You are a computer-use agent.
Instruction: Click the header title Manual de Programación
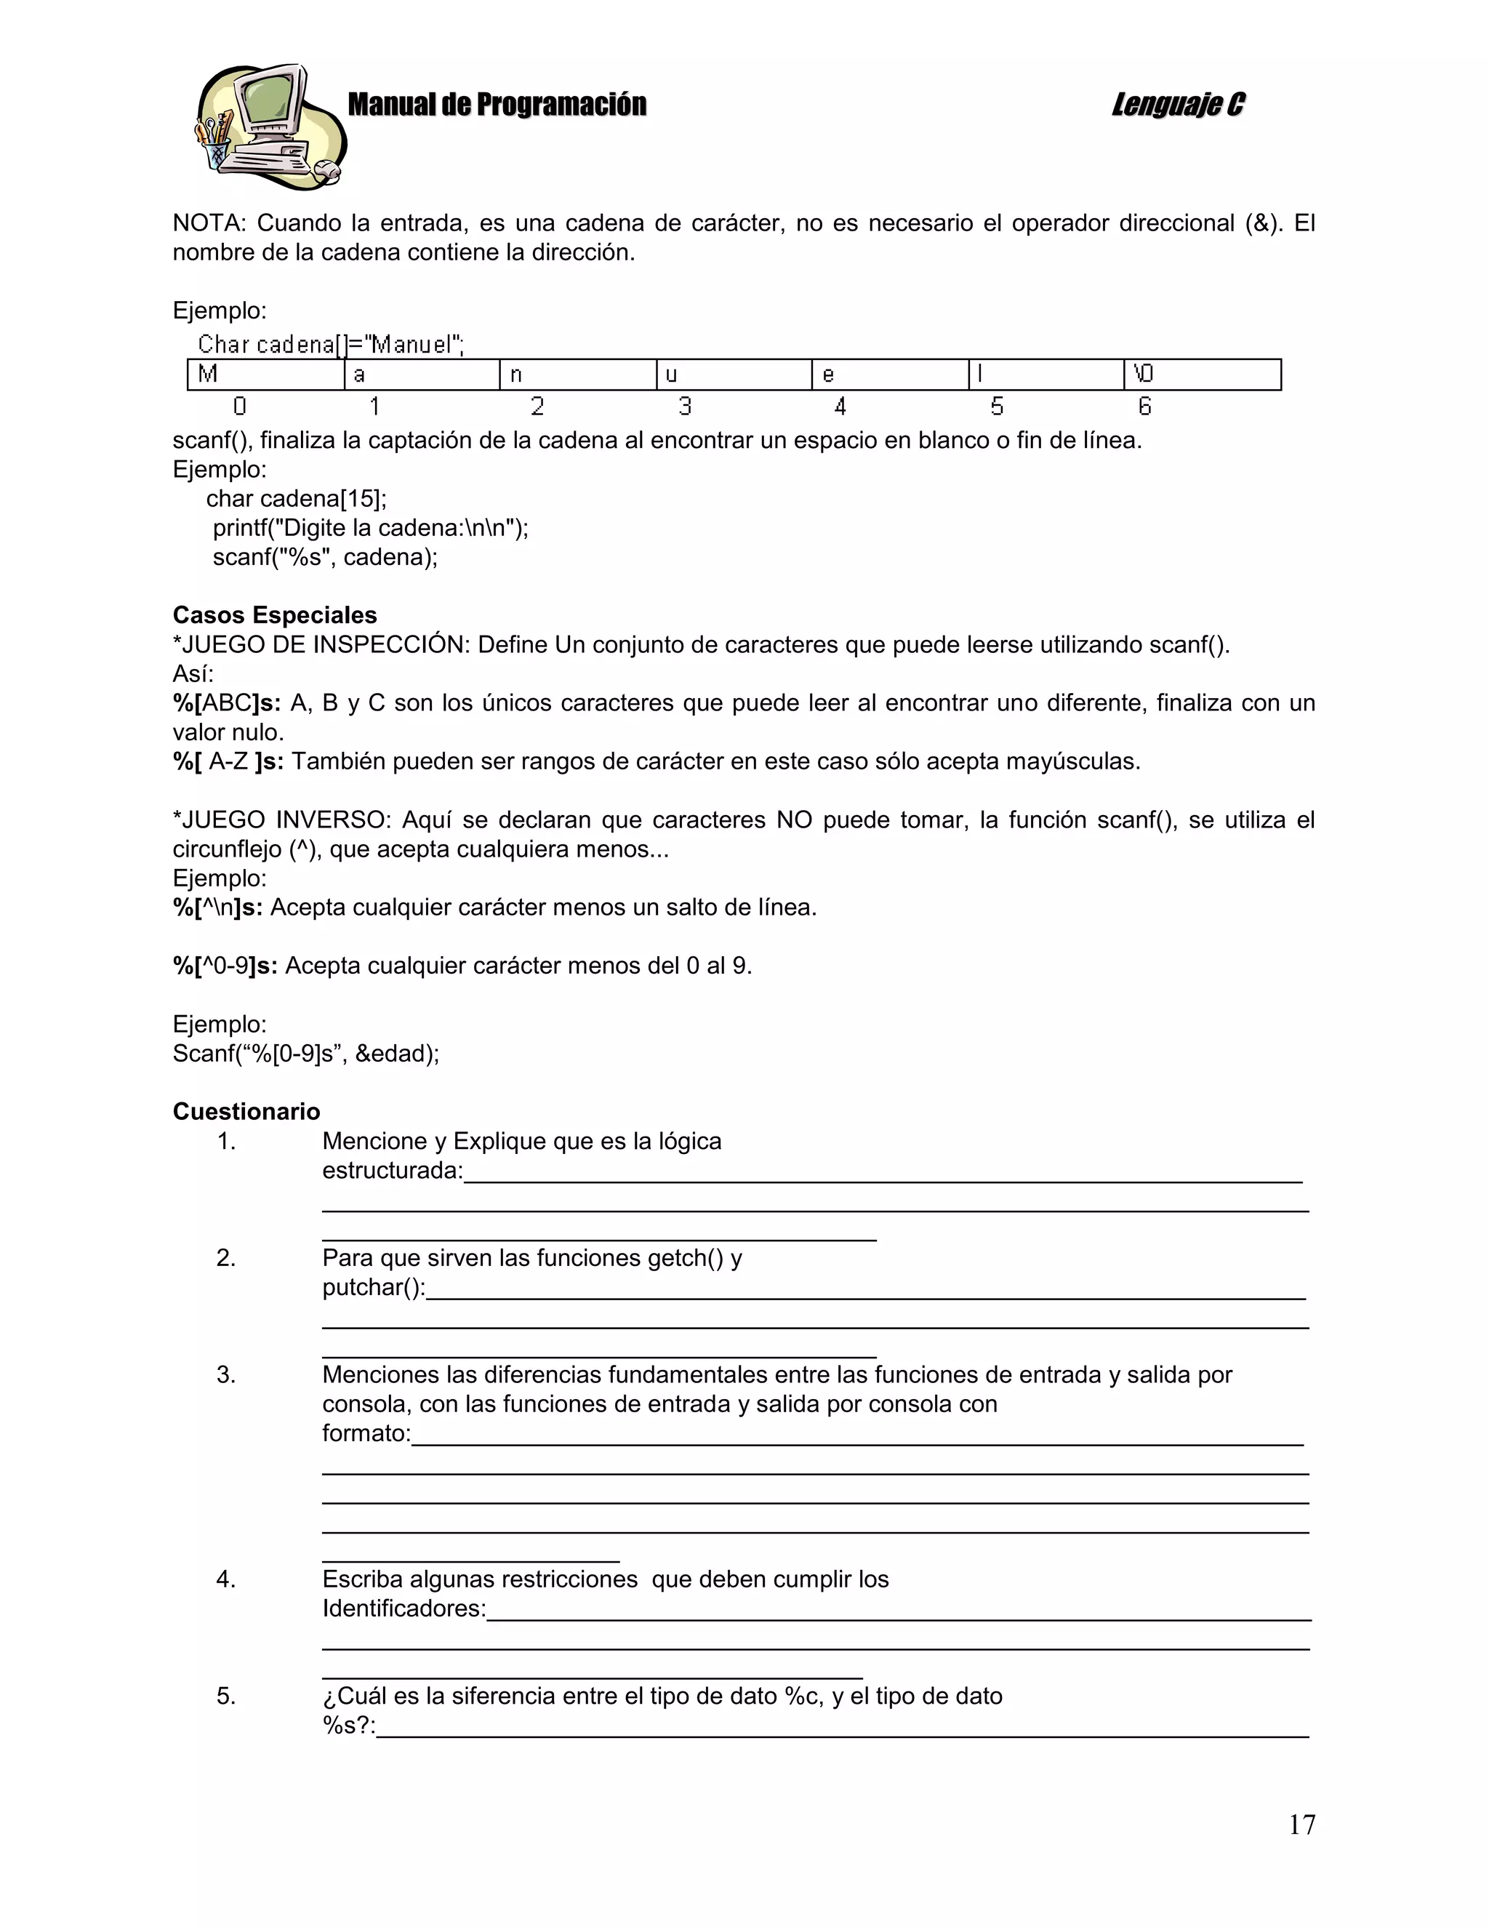(497, 105)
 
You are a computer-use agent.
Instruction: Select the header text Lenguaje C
(1178, 105)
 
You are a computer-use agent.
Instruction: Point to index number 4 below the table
(840, 406)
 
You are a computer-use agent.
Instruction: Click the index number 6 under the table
(1144, 406)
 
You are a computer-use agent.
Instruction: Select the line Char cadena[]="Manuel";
(331, 344)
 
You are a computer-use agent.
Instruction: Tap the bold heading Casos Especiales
(274, 615)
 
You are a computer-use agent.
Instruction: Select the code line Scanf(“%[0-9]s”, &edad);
(305, 1054)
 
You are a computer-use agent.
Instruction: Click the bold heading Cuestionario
(246, 1112)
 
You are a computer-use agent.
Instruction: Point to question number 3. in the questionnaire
(226, 1374)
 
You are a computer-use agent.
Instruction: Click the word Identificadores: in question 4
(403, 1608)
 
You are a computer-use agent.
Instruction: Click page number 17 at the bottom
(1301, 1824)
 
